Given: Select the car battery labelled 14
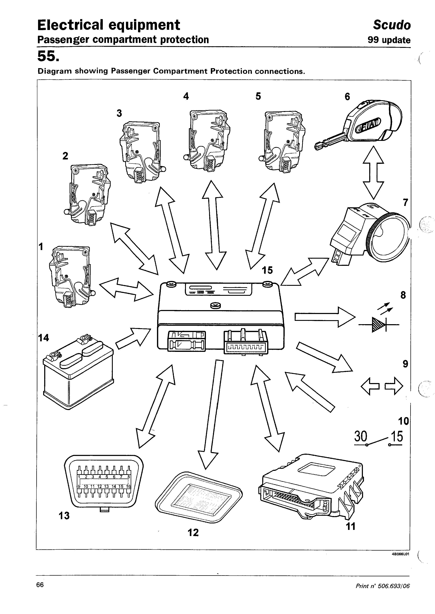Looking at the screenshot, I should click(78, 375).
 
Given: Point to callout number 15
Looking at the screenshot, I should click(267, 270).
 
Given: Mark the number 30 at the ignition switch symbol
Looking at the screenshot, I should click(360, 436).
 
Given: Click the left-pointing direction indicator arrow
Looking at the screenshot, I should click(370, 386).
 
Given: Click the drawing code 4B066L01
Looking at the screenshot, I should click(400, 554).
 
